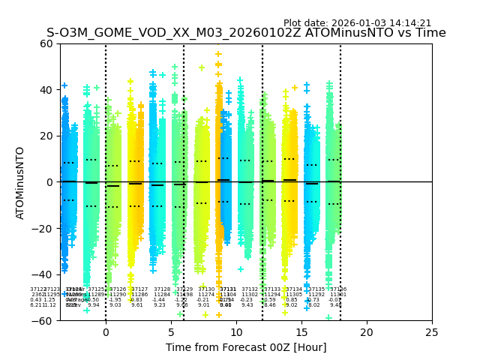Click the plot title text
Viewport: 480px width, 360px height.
point(246,33)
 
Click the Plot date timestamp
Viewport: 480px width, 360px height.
point(357,23)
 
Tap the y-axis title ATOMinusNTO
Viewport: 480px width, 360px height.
point(20,182)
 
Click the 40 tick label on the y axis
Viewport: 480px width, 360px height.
point(46,90)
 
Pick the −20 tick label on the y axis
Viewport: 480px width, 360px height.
point(43,229)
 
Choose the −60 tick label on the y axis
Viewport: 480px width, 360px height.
point(43,321)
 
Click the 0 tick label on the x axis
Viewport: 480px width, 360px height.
point(106,331)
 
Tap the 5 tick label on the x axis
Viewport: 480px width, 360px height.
point(171,331)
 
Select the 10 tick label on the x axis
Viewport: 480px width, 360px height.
point(236,331)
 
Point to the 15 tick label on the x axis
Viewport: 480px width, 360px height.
point(301,331)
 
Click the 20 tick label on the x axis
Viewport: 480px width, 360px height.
point(367,331)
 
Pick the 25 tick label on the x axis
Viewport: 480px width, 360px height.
point(432,331)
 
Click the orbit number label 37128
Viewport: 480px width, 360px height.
point(162,289)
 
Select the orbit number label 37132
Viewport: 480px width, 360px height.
point(250,289)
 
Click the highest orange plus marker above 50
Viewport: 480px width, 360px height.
point(218,54)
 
